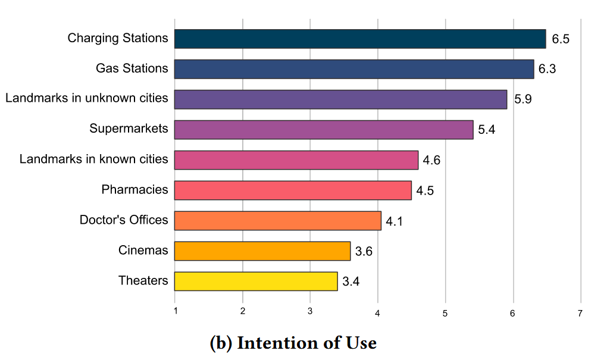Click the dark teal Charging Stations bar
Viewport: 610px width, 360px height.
tap(359, 39)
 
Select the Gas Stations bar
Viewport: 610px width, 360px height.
tap(354, 69)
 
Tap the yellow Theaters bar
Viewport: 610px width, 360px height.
tap(256, 281)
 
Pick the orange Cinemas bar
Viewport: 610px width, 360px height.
tap(262, 251)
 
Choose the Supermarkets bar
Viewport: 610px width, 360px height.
tap(323, 130)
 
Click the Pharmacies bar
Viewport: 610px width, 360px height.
tap(292, 190)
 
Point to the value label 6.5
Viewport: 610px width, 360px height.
tap(561, 39)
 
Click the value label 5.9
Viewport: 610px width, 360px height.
tap(523, 99)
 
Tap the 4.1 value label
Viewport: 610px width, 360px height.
tap(395, 221)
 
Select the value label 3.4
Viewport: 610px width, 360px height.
tap(351, 281)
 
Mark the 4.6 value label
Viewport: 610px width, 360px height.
tap(431, 160)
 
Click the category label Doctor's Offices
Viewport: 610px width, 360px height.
tap(124, 220)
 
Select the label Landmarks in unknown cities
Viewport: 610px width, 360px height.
tap(87, 98)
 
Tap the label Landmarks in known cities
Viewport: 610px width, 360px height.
tap(93, 159)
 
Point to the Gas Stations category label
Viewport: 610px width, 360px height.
tap(132, 68)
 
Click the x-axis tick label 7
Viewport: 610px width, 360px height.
tap(580, 312)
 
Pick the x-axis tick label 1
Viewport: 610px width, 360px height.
tap(175, 312)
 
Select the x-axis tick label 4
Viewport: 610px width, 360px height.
tap(378, 312)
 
